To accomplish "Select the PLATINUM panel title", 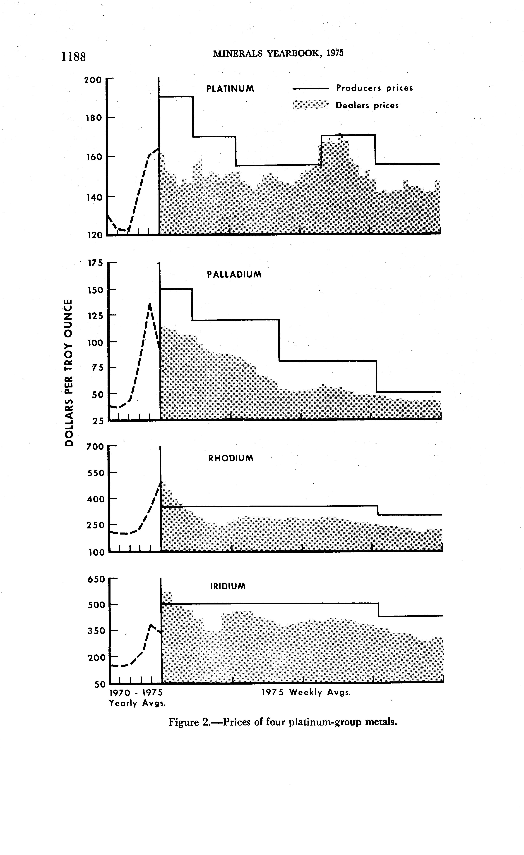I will (x=230, y=89).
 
